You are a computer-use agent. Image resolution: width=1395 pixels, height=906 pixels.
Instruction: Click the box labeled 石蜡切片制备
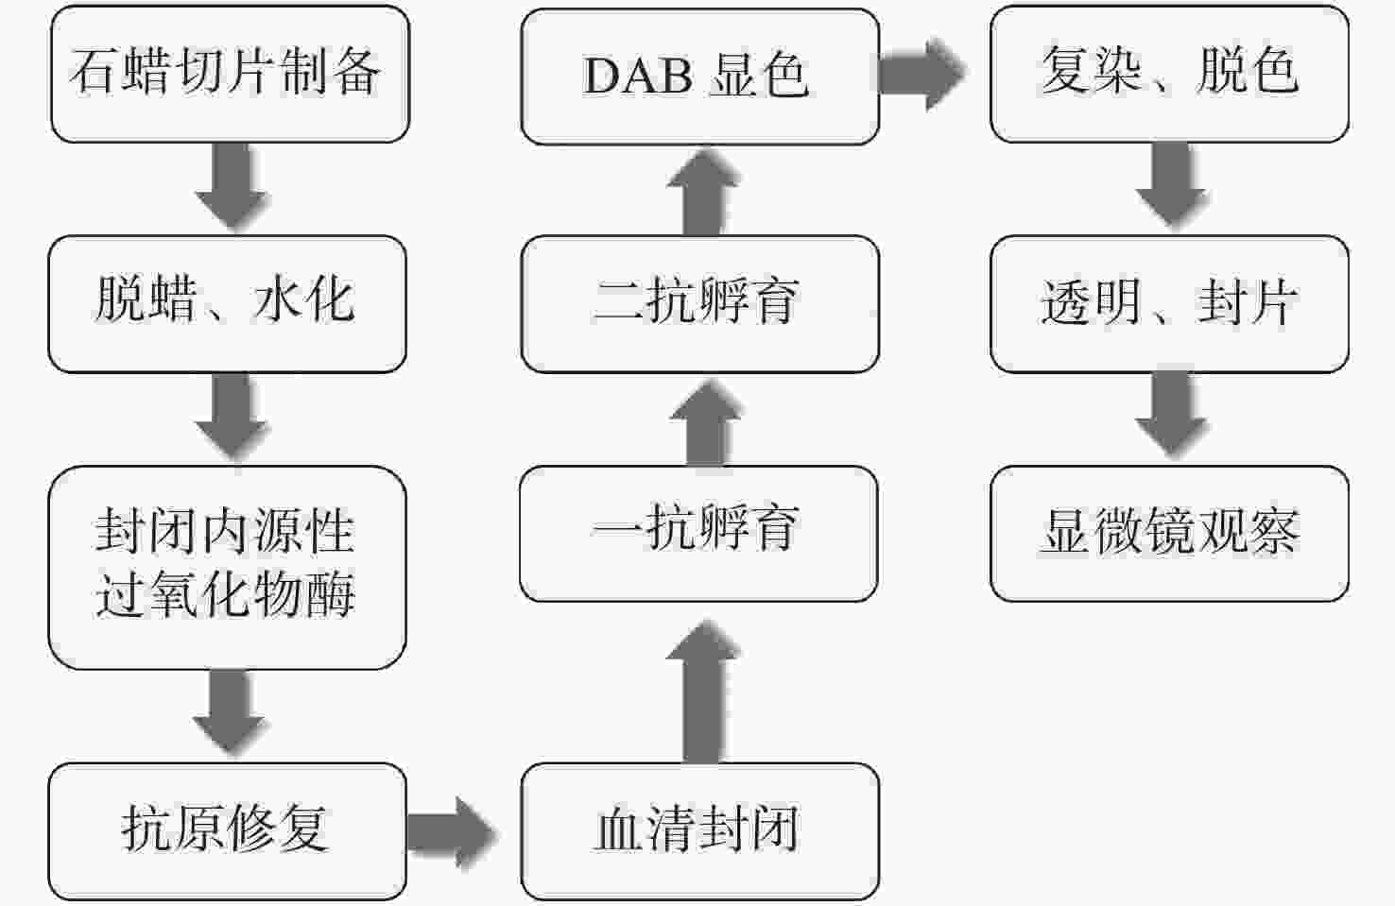[x=230, y=74]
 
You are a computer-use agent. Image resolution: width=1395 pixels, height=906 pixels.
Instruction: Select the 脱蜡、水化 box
[x=228, y=304]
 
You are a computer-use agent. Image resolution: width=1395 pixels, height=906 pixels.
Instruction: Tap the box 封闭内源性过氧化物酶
[x=228, y=567]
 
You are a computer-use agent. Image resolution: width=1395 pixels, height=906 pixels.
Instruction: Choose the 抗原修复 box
[x=228, y=831]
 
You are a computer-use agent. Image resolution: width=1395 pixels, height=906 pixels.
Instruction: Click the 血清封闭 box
[x=700, y=831]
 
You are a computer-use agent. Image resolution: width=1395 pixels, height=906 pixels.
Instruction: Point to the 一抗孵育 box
[x=698, y=534]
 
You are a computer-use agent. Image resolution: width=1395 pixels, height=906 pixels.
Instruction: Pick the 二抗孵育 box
[x=700, y=304]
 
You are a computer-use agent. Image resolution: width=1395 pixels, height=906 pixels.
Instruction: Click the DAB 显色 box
[x=700, y=77]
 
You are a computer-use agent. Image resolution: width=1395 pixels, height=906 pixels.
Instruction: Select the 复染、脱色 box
[x=1169, y=74]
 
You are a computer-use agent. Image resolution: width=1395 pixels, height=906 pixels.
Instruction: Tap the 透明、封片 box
[x=1169, y=304]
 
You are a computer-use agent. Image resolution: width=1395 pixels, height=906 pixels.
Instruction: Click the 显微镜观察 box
[x=1169, y=534]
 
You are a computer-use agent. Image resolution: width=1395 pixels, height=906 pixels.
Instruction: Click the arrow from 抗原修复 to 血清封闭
[x=452, y=832]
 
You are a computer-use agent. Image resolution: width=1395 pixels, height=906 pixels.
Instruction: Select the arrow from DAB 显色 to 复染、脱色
[x=922, y=74]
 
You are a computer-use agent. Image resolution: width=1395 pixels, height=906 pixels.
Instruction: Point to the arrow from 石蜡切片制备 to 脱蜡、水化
[x=232, y=186]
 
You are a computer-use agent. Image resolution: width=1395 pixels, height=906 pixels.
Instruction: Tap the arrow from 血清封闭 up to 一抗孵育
[x=703, y=692]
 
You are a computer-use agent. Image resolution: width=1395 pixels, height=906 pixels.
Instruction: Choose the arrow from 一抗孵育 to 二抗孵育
[x=706, y=422]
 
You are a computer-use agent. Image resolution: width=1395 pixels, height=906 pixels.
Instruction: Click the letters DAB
[x=638, y=76]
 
